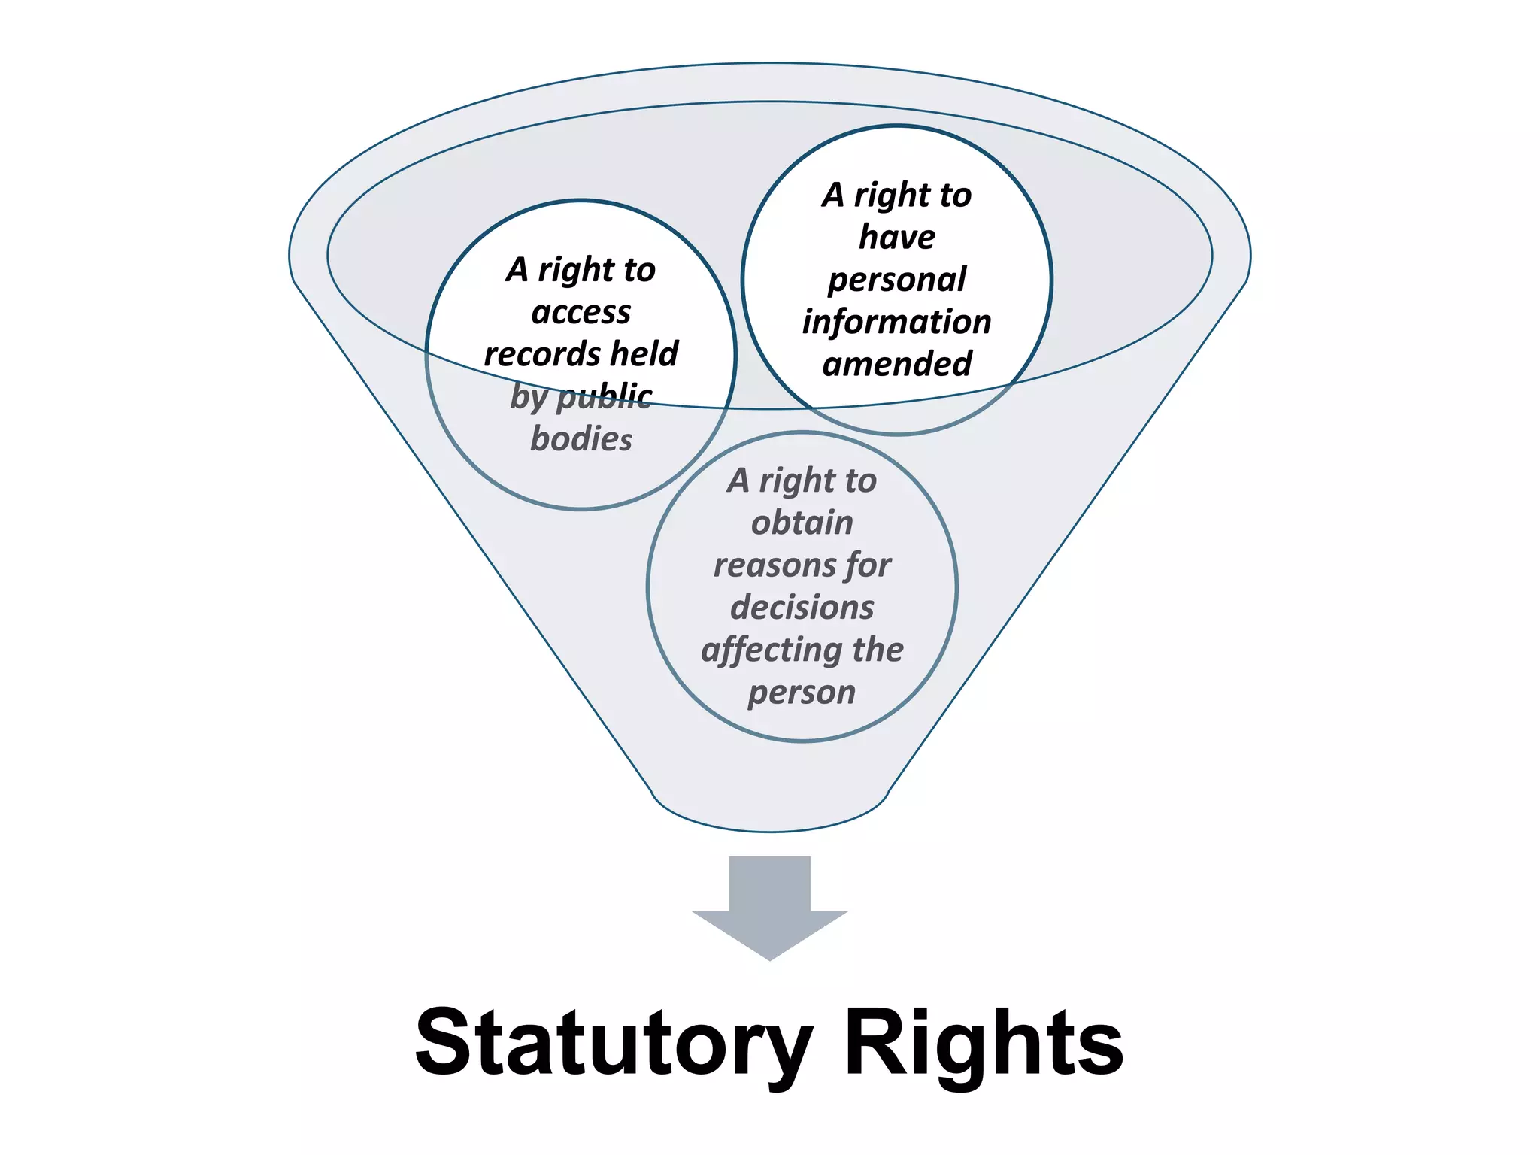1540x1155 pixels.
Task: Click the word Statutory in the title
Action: [614, 1043]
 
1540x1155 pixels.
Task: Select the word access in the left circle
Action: [581, 312]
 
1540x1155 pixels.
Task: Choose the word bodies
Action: [581, 439]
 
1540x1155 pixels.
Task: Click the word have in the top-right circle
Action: [897, 238]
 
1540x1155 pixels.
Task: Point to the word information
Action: [897, 322]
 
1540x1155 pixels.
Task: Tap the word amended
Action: [897, 365]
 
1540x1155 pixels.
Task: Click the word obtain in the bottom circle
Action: [802, 523]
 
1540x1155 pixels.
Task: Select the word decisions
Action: [802, 608]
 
